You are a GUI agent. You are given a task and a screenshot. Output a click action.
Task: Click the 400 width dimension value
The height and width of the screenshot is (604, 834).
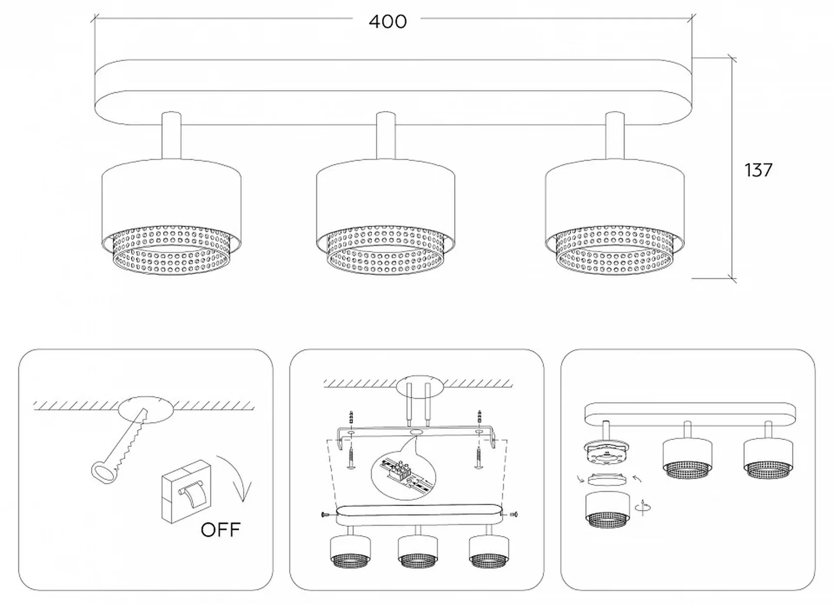pos(387,21)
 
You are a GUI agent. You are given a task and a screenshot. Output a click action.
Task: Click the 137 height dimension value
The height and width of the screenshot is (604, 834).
pos(758,170)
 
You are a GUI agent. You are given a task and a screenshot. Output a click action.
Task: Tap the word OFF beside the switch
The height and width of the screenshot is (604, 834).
pos(221,529)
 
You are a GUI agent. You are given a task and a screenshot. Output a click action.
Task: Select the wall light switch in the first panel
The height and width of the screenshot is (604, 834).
pos(186,491)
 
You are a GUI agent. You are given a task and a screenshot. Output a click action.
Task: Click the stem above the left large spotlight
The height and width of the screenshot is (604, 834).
pos(171,135)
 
